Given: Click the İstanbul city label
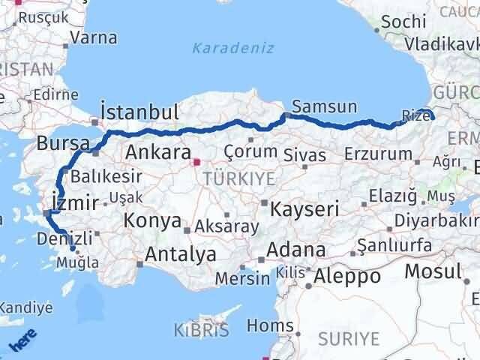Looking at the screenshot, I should pyautogui.click(x=139, y=113).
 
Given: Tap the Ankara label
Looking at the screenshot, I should pyautogui.click(x=157, y=152).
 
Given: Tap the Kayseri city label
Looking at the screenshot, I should pyautogui.click(x=306, y=208).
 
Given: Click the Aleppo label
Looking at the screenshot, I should pyautogui.click(x=347, y=275).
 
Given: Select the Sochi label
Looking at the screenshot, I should pyautogui.click(x=403, y=22).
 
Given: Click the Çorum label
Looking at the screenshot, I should pyautogui.click(x=252, y=128).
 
